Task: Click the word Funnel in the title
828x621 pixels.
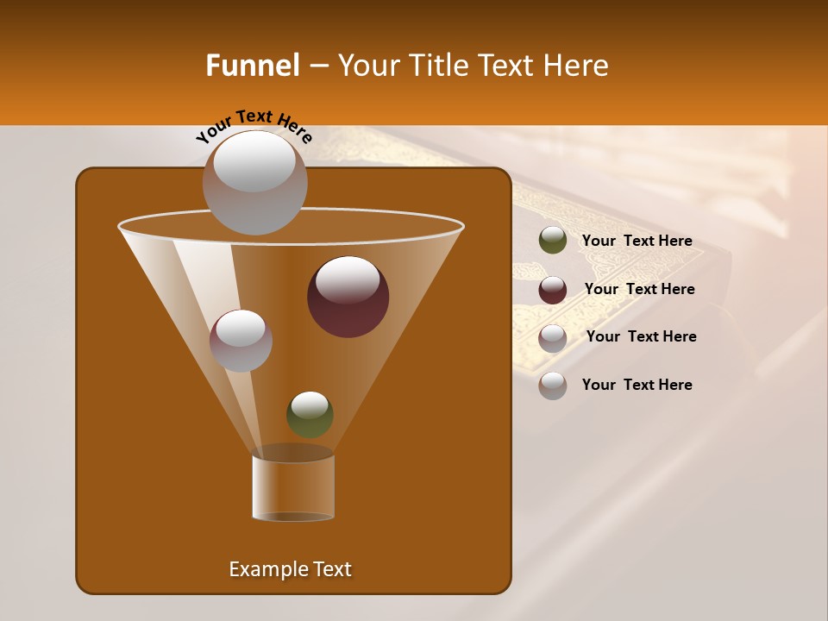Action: pyautogui.click(x=252, y=66)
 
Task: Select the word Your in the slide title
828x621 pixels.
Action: pyautogui.click(x=368, y=66)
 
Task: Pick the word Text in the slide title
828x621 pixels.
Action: pyautogui.click(x=507, y=66)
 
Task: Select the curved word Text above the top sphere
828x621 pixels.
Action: pyautogui.click(x=254, y=116)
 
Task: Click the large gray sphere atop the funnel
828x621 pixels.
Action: pyautogui.click(x=254, y=182)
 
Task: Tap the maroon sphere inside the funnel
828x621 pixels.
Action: pyautogui.click(x=348, y=296)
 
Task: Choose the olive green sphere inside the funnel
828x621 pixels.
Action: pyautogui.click(x=310, y=414)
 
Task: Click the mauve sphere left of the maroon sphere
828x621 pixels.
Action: pyautogui.click(x=241, y=340)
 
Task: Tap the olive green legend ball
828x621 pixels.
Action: pyautogui.click(x=553, y=241)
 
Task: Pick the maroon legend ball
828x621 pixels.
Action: pyautogui.click(x=553, y=290)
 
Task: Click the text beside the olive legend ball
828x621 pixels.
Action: pyautogui.click(x=637, y=241)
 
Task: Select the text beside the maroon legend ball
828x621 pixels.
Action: pyautogui.click(x=639, y=290)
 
